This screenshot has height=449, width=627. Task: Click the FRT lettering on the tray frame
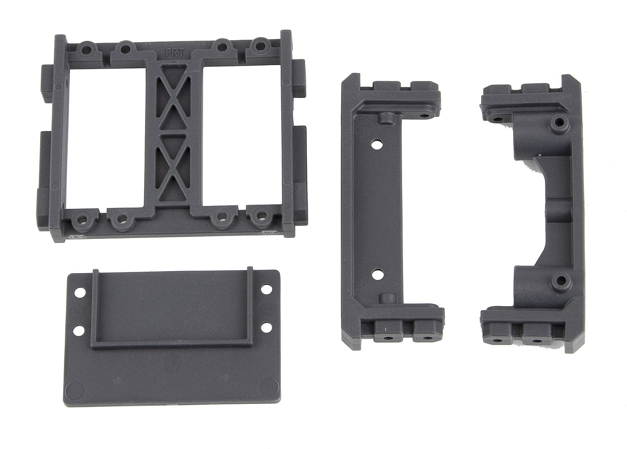tap(174, 53)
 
